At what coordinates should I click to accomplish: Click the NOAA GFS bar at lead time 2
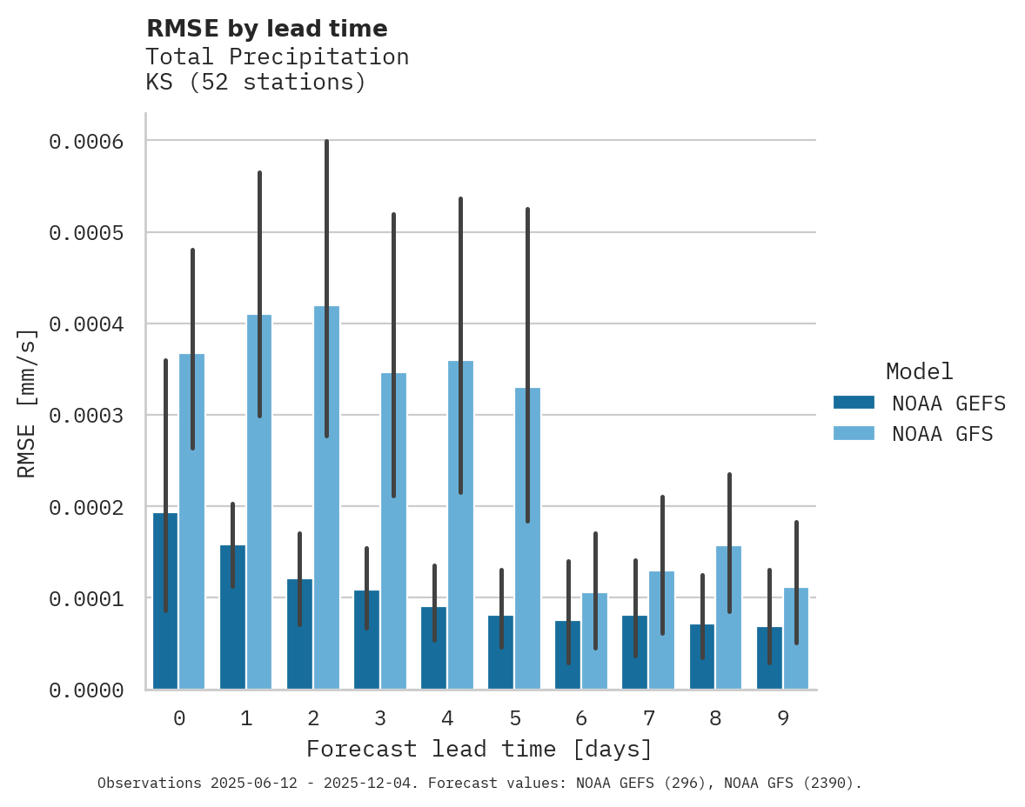pyautogui.click(x=327, y=522)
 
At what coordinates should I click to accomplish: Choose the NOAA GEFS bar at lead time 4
pyautogui.click(x=433, y=661)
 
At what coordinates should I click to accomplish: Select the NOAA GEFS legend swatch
pyautogui.click(x=854, y=403)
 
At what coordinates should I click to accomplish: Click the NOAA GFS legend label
pyautogui.click(x=941, y=433)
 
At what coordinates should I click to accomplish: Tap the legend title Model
pyautogui.click(x=919, y=371)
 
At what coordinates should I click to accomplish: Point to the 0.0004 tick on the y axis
pyautogui.click(x=97, y=324)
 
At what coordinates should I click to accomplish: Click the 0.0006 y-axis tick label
pyautogui.click(x=97, y=141)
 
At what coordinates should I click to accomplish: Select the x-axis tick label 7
pyautogui.click(x=649, y=718)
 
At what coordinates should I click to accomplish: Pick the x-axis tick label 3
pyautogui.click(x=380, y=718)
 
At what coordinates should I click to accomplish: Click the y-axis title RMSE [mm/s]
pyautogui.click(x=27, y=403)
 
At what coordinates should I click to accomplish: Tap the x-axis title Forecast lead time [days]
pyautogui.click(x=479, y=749)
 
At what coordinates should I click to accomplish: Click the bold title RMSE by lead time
pyautogui.click(x=266, y=29)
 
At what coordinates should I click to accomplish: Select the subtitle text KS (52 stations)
pyautogui.click(x=255, y=83)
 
